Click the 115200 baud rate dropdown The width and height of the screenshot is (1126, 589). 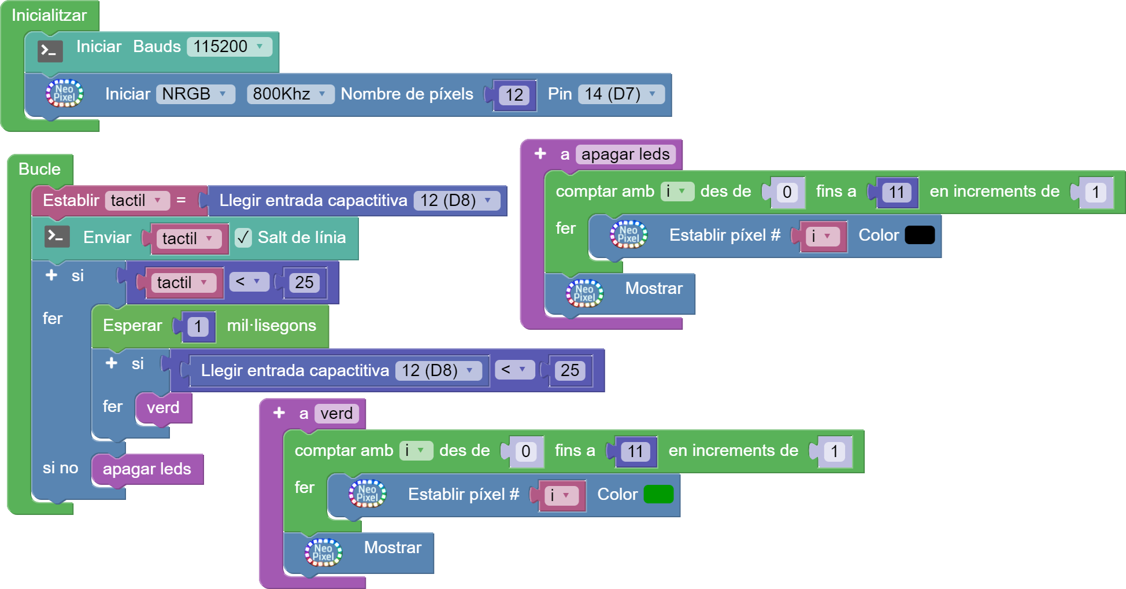(x=229, y=47)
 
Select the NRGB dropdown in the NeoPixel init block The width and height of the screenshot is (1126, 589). (x=195, y=94)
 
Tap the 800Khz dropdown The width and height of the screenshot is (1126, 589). (x=290, y=94)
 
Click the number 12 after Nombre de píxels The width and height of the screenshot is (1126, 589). (x=514, y=95)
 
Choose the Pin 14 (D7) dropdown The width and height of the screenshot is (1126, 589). (x=621, y=94)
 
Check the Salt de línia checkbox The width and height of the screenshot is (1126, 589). (x=243, y=237)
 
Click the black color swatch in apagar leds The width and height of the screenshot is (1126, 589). (x=919, y=235)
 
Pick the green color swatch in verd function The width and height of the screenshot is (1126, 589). (x=658, y=494)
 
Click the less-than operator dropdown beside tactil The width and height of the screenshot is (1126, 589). (x=249, y=282)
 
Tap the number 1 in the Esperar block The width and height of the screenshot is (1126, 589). (x=198, y=326)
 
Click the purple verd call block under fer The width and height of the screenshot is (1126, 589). (x=163, y=408)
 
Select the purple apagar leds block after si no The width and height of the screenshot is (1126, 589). (x=147, y=469)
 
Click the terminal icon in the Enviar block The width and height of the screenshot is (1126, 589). (x=57, y=237)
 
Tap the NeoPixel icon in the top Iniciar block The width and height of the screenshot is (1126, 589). (x=64, y=94)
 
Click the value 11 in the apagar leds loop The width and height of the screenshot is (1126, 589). (x=896, y=192)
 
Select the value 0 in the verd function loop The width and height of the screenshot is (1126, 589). (x=525, y=451)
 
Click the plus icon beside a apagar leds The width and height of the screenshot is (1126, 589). (x=540, y=154)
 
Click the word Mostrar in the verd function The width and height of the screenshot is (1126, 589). (x=392, y=547)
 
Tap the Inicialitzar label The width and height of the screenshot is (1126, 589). (x=49, y=15)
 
